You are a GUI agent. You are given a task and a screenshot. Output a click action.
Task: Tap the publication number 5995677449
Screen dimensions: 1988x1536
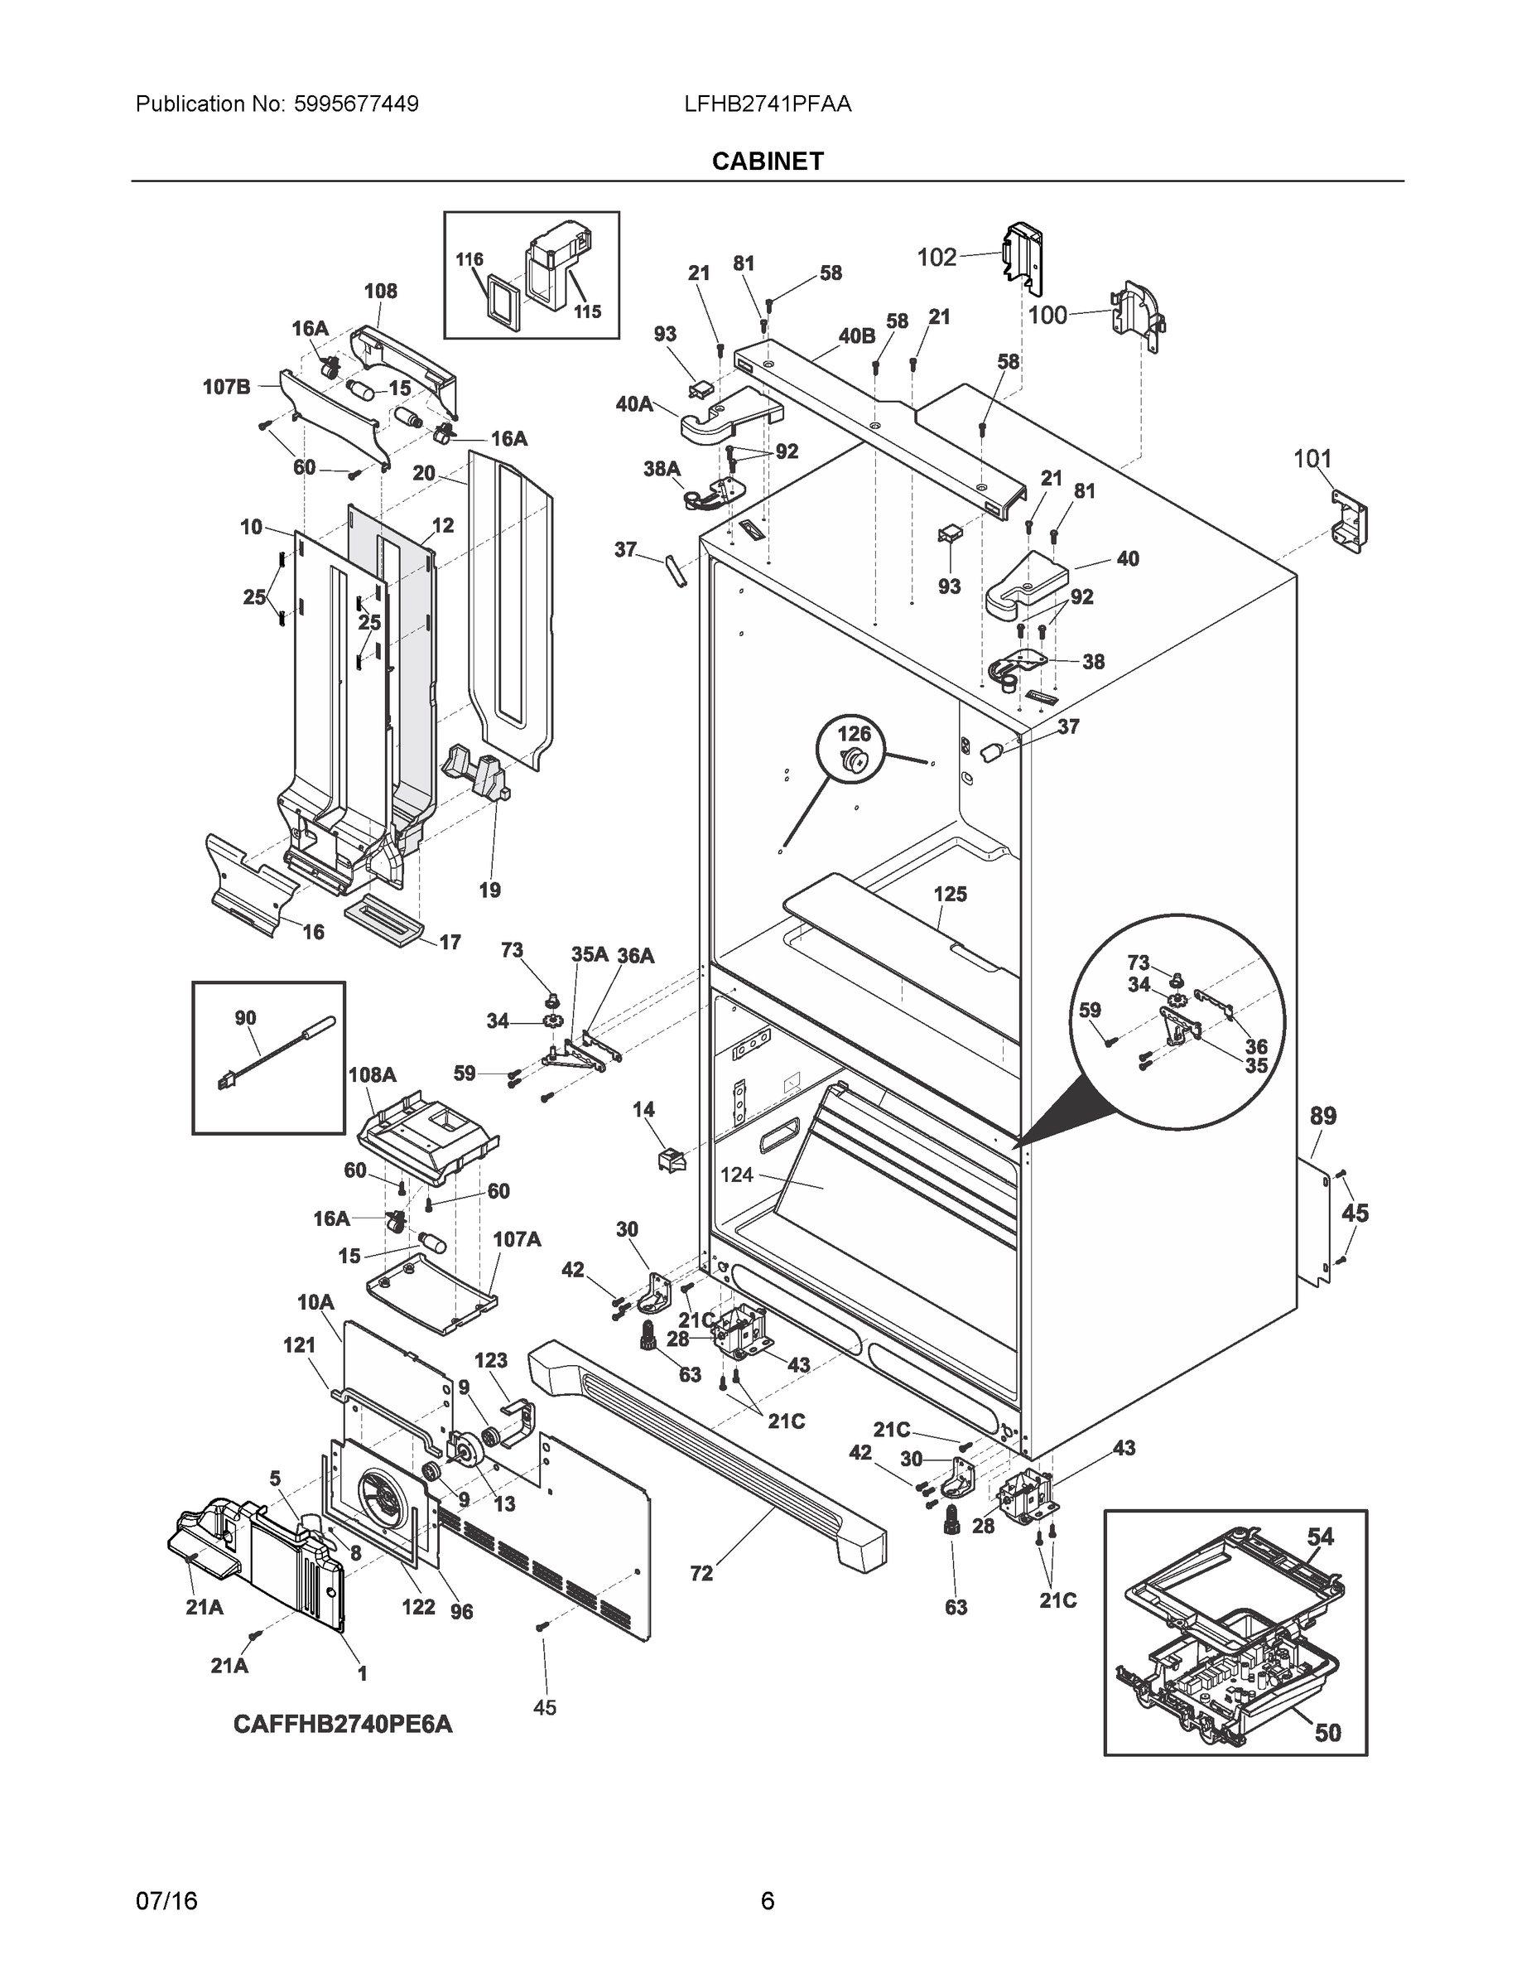pyautogui.click(x=356, y=104)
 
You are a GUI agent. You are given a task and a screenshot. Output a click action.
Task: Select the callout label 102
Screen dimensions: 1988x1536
pyautogui.click(x=937, y=258)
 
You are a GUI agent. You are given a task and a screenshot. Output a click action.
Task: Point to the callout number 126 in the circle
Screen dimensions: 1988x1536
pyautogui.click(x=854, y=734)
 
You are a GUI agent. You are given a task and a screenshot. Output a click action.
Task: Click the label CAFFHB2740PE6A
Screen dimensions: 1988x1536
pyautogui.click(x=342, y=1724)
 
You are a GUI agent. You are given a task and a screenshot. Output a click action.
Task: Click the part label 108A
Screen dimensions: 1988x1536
pyautogui.click(x=372, y=1075)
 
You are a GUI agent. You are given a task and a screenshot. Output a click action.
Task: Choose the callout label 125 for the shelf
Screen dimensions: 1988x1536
pyautogui.click(x=950, y=894)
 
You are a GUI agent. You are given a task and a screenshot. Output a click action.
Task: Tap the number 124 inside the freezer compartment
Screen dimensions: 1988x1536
pyautogui.click(x=736, y=1175)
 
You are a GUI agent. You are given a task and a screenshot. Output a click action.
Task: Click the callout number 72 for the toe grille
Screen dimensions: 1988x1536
pyautogui.click(x=701, y=1573)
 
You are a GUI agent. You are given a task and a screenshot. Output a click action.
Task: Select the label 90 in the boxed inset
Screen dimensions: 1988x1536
pyautogui.click(x=245, y=1018)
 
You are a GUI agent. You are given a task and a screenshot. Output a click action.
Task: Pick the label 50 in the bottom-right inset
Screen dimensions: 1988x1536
pyautogui.click(x=1327, y=1733)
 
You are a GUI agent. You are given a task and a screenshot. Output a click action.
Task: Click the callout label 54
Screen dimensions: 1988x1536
pyautogui.click(x=1321, y=1537)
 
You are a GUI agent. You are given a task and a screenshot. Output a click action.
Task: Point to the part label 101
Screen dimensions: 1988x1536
pyautogui.click(x=1312, y=459)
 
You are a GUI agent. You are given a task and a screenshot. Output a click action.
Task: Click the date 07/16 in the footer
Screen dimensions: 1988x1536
pyautogui.click(x=166, y=1901)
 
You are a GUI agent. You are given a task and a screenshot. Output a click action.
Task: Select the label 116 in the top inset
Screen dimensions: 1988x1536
pyautogui.click(x=469, y=259)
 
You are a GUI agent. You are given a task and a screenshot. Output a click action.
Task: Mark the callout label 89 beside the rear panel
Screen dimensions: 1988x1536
pyautogui.click(x=1322, y=1116)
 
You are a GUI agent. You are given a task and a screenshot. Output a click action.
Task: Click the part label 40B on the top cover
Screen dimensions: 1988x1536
pyautogui.click(x=856, y=335)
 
